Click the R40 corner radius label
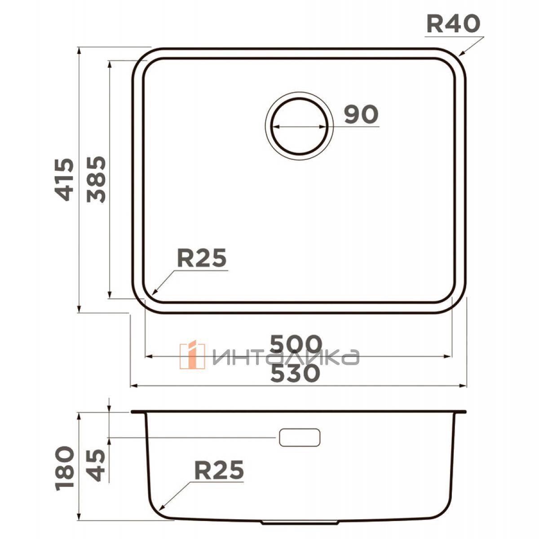(x=453, y=24)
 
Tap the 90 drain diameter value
(x=361, y=115)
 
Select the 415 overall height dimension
(x=64, y=180)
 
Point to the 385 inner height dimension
(x=96, y=179)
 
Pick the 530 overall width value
(x=295, y=373)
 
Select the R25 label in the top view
(x=202, y=258)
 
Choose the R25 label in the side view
(x=219, y=470)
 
